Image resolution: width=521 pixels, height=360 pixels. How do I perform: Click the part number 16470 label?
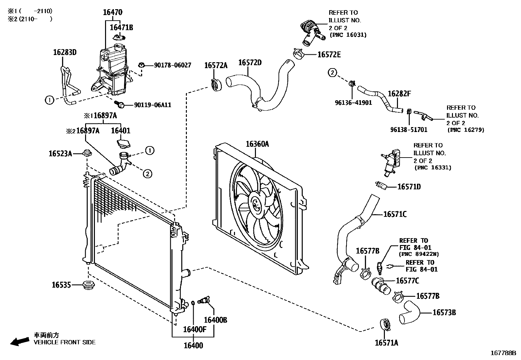[x=112, y=12]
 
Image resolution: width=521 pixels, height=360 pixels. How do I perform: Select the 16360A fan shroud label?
[x=257, y=144]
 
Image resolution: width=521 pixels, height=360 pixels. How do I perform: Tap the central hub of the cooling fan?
[x=256, y=205]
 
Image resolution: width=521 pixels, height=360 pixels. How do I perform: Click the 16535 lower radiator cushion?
[x=87, y=285]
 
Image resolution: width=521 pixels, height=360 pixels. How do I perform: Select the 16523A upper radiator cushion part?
[x=86, y=153]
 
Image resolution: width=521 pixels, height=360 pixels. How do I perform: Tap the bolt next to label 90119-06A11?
[x=120, y=104]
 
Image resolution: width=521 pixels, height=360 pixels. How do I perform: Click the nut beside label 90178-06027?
[x=142, y=65]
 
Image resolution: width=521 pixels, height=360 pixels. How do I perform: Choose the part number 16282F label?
[x=399, y=94]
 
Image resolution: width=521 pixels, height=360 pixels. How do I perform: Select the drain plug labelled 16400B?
[x=205, y=300]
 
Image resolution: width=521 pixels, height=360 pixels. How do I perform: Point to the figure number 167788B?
[x=503, y=353]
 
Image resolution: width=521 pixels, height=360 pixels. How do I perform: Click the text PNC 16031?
[x=348, y=35]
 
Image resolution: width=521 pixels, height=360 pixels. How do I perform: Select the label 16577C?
[x=407, y=281]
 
